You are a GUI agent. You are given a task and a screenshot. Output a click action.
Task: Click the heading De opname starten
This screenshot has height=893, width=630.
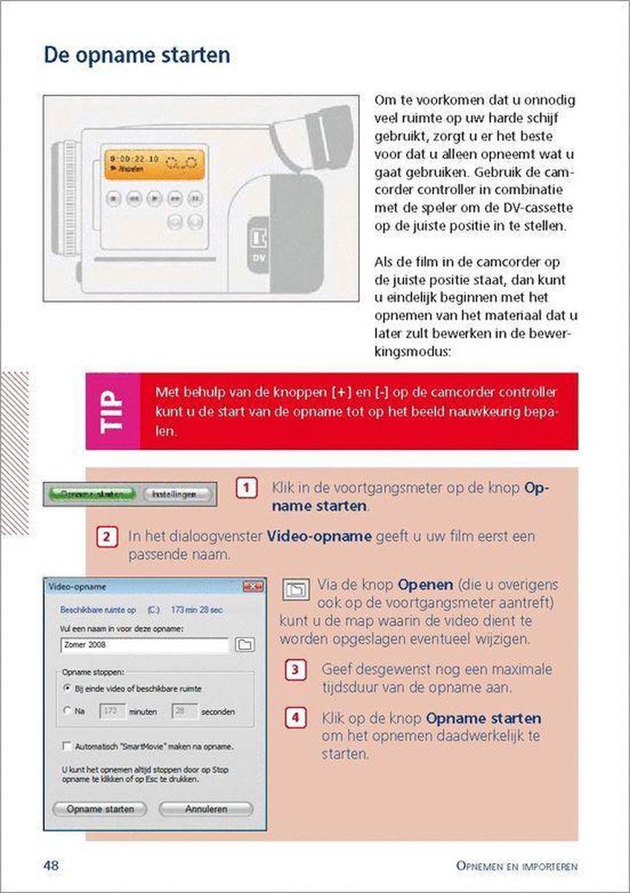coord(136,56)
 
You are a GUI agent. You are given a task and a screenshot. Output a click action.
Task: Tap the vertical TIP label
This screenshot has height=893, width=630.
coord(112,411)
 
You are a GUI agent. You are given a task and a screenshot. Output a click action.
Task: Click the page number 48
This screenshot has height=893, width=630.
coord(51,865)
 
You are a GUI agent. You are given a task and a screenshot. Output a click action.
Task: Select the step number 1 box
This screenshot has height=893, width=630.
coord(246,489)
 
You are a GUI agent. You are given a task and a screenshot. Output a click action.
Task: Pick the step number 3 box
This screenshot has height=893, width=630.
coord(295,670)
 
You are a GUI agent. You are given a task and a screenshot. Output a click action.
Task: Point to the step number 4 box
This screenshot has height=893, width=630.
coord(295,719)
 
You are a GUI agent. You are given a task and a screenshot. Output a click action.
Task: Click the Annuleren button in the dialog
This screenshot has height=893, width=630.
coord(205,808)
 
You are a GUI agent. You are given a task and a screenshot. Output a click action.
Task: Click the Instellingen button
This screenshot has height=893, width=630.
coord(176,494)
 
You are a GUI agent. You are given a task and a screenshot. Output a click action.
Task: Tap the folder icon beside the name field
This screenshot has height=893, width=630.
coord(245,645)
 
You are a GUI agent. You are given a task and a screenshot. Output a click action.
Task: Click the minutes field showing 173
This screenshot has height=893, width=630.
coord(111,711)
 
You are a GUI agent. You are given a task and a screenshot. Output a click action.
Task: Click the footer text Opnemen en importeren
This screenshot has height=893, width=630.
coord(518,866)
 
